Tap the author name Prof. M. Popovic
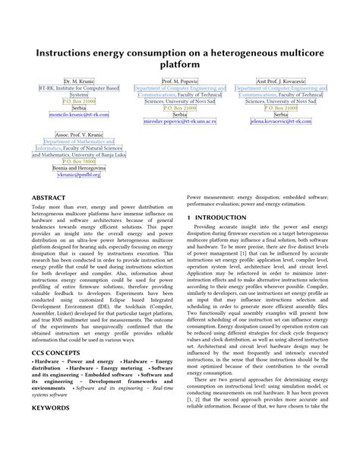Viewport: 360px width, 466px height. point(180,81)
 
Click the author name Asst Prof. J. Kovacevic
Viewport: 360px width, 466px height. point(281,81)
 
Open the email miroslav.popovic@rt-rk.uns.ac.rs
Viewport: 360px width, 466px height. point(180,121)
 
